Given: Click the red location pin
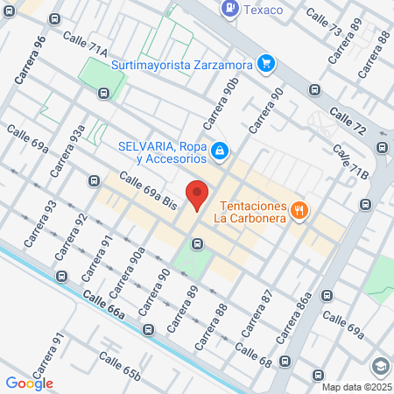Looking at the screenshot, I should click(197, 194).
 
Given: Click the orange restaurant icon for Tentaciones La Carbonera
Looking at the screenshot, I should click(300, 208).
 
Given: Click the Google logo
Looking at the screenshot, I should click(29, 383).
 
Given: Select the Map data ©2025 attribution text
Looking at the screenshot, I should click(356, 387).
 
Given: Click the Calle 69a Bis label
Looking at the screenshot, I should click(147, 191).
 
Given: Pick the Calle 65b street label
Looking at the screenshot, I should click(120, 367).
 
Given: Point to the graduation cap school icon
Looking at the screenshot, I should click(380, 366).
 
